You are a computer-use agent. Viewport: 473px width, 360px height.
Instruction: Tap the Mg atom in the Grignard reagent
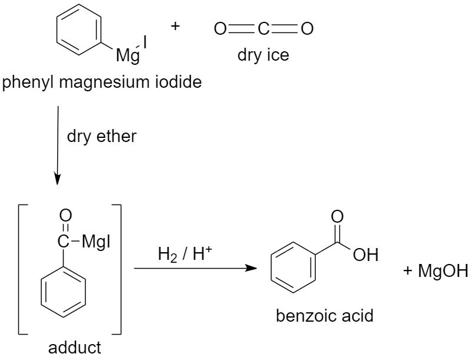pyautogui.click(x=125, y=57)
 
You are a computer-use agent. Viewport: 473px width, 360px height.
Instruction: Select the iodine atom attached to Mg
pyautogui.click(x=145, y=43)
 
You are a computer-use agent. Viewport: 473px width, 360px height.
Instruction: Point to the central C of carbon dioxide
pyautogui.click(x=263, y=28)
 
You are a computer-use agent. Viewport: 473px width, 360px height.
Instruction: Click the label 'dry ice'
pyautogui.click(x=263, y=56)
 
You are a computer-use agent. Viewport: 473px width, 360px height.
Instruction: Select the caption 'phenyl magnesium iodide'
pyautogui.click(x=101, y=82)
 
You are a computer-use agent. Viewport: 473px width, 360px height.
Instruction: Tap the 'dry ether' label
pyautogui.click(x=101, y=137)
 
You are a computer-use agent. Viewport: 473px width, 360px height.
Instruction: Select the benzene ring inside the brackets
pyautogui.click(x=64, y=292)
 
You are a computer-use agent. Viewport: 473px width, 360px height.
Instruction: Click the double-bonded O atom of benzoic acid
pyautogui.click(x=336, y=215)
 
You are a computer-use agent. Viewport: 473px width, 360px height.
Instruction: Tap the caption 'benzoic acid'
pyautogui.click(x=325, y=315)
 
